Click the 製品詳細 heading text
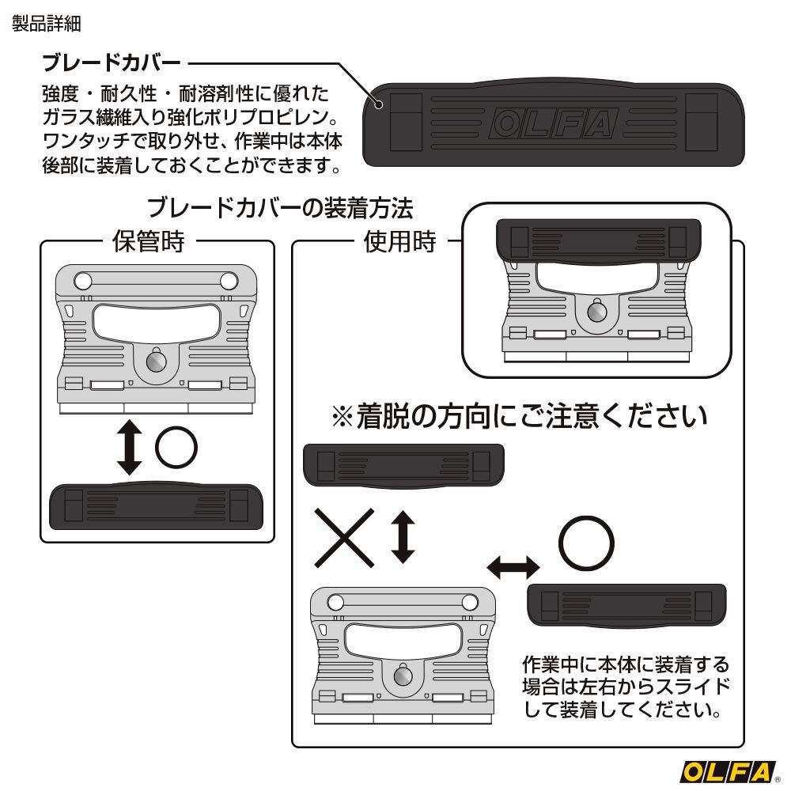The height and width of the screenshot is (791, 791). click(47, 24)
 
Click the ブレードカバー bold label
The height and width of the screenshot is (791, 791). click(112, 63)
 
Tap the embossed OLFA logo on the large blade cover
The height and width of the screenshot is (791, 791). click(554, 123)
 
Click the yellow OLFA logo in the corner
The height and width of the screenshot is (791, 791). click(728, 772)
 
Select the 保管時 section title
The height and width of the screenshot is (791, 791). click(149, 241)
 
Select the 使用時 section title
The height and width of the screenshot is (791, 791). click(399, 241)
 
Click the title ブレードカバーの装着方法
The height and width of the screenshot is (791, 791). click(280, 208)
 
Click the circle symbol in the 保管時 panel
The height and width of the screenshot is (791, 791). click(176, 447)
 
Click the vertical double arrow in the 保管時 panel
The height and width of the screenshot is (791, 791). click(129, 447)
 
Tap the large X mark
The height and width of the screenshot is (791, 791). click(345, 538)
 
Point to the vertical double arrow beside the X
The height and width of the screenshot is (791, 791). click(403, 537)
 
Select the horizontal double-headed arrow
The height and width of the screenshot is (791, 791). click(513, 568)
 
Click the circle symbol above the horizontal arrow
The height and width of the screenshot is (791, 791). click(585, 543)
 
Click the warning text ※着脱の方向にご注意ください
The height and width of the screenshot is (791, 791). click(520, 417)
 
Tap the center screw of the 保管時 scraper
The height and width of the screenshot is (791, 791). click(157, 361)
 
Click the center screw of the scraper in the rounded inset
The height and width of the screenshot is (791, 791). click(596, 312)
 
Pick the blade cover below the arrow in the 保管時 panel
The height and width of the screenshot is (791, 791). click(156, 506)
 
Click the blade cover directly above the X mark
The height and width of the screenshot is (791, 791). click(403, 465)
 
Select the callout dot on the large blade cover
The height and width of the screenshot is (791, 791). click(378, 105)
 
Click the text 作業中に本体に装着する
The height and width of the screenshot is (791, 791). click(626, 664)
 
